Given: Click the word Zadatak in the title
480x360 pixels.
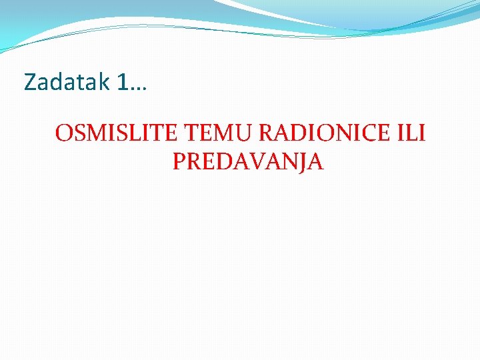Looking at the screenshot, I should pyautogui.click(x=67, y=82).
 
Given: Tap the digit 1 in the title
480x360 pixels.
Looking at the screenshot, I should pyautogui.click(x=122, y=82).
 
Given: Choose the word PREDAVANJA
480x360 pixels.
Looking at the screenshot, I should pyautogui.click(x=248, y=161).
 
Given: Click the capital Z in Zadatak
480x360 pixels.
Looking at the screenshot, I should pyautogui.click(x=31, y=82).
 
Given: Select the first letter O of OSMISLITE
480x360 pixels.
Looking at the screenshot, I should pyautogui.click(x=64, y=133).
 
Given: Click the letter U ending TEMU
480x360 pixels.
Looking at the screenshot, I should pyautogui.click(x=243, y=133).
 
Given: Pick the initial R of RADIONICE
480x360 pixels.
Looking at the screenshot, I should pyautogui.click(x=266, y=133).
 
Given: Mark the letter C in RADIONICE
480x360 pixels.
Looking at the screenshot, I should pyautogui.click(x=367, y=133).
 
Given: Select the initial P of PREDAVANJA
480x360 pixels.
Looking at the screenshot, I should pyautogui.click(x=179, y=161).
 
